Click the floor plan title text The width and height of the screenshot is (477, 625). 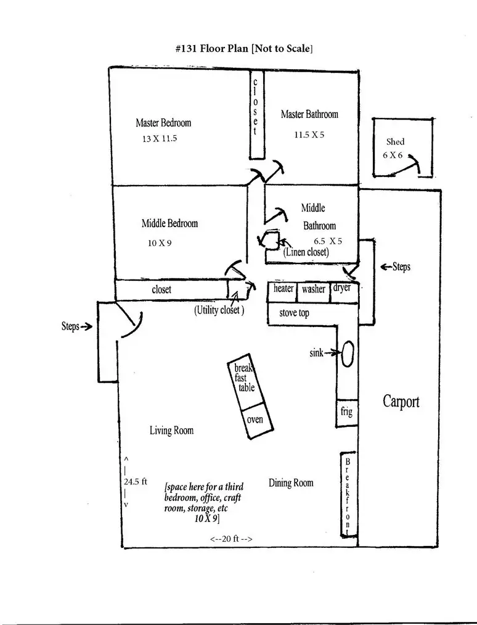pos(243,49)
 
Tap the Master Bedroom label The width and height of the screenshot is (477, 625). pos(163,123)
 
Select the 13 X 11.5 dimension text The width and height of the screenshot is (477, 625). pos(160,139)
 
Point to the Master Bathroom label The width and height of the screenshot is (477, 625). pos(309,114)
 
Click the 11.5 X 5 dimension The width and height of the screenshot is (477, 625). pos(309,135)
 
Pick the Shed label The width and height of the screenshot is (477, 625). pos(396,141)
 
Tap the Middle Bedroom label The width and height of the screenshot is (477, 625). pos(169,223)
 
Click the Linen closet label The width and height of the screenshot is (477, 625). pos(306,252)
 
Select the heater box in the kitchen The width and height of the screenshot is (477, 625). pos(283,291)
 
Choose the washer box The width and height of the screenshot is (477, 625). pos(313,292)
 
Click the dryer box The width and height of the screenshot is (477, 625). pos(344,292)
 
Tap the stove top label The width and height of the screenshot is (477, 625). pos(294,313)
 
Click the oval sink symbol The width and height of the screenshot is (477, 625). pos(348,354)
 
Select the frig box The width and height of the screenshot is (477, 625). pos(346,413)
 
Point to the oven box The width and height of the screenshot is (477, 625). pos(258,421)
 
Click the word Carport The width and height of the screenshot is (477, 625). pos(401,402)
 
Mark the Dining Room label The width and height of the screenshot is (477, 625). pos(291,482)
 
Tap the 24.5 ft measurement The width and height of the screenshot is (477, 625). pos(136,481)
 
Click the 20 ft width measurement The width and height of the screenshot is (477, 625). pos(231,539)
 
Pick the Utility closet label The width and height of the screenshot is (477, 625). pos(219,310)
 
